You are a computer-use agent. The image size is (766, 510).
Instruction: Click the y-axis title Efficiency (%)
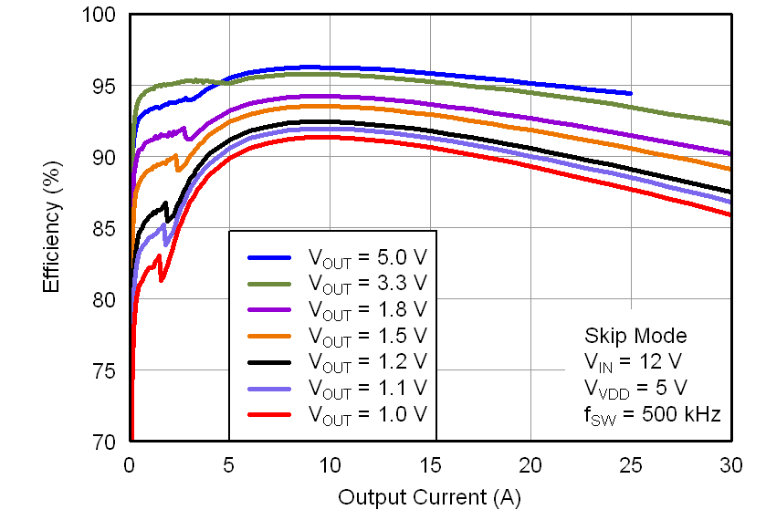click(52, 228)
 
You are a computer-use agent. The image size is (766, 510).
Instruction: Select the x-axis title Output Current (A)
click(430, 497)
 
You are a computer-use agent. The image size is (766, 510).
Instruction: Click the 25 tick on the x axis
click(631, 463)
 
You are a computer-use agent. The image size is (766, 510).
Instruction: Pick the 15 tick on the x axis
click(430, 463)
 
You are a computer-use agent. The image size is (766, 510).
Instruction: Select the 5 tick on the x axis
click(229, 463)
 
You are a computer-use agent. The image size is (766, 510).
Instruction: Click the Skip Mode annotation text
click(635, 335)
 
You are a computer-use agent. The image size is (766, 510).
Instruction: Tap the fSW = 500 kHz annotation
click(652, 414)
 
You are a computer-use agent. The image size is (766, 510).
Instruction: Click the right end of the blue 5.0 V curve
click(630, 93)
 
